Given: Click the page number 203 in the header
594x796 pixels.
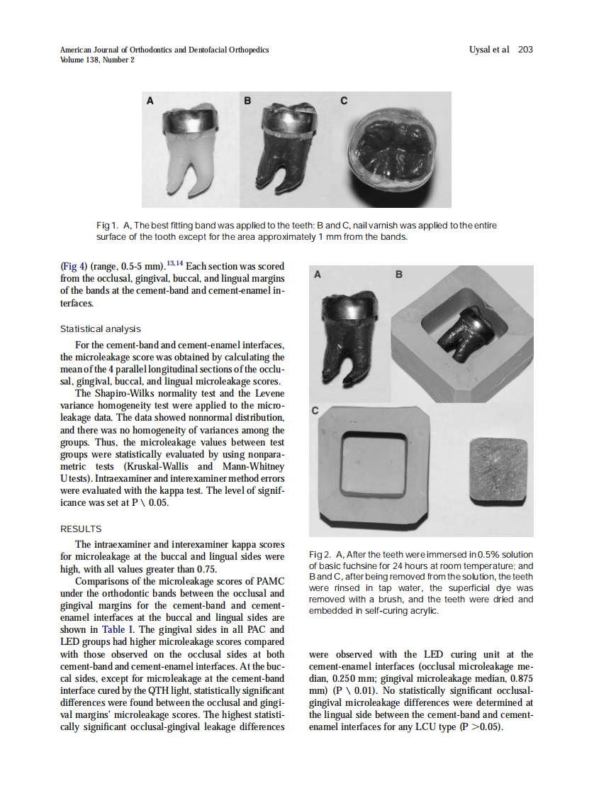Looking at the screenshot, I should (x=525, y=50).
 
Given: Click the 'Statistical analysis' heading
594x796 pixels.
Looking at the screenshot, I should (x=100, y=328).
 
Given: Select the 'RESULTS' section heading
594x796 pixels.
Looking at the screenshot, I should (x=81, y=529).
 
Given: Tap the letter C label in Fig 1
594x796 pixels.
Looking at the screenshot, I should (x=344, y=101).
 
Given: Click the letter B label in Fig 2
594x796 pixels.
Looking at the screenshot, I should (x=398, y=274).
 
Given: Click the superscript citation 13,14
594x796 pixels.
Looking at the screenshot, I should (x=174, y=264).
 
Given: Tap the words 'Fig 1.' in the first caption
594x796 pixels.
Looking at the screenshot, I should (x=107, y=226).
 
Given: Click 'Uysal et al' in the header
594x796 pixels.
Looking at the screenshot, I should (x=489, y=50).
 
